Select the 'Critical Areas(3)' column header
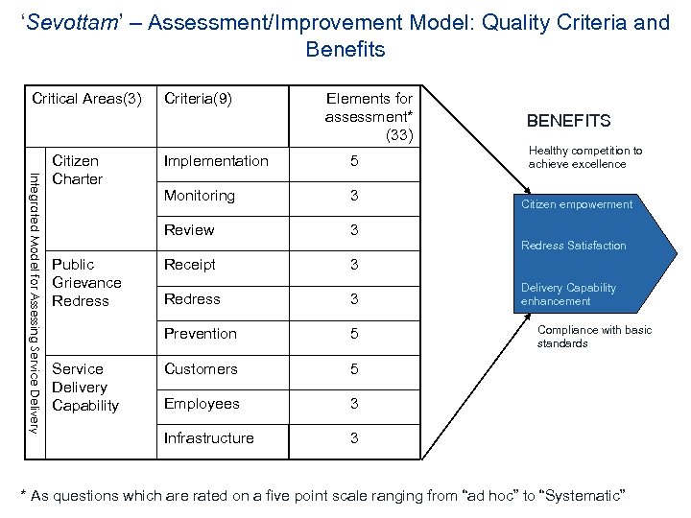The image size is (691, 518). point(87,98)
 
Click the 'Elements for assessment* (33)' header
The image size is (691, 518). point(369,116)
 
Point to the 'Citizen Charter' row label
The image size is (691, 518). point(77,170)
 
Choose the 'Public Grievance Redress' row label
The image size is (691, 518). point(86,282)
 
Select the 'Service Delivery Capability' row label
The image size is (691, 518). point(85,387)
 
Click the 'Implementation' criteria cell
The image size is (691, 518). point(216,161)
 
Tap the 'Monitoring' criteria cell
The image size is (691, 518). point(200,196)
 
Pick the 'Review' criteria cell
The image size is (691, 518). point(189,230)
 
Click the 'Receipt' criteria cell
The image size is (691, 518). point(190,265)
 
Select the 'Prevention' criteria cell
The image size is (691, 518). point(201,334)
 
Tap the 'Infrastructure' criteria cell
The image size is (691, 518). point(209,438)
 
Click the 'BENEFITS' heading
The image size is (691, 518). point(568,121)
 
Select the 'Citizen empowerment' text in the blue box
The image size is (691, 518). point(577,204)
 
